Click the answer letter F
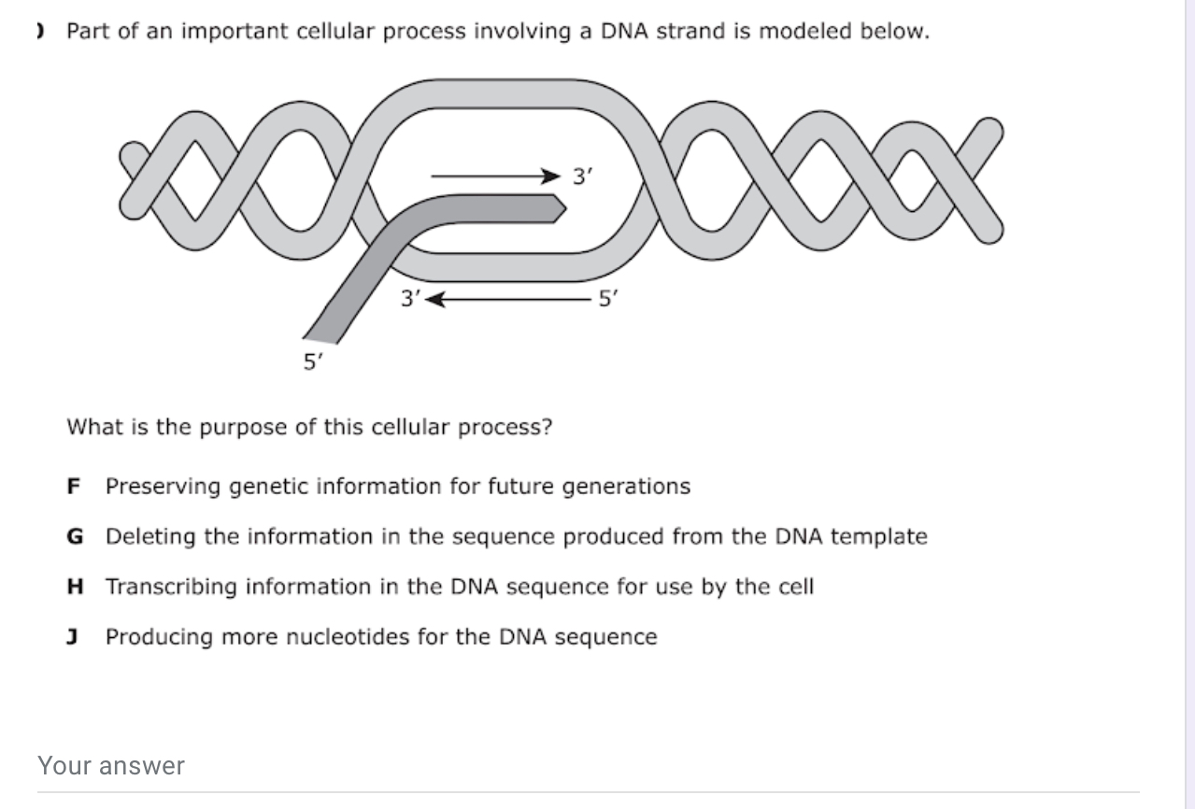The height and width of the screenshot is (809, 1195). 73,487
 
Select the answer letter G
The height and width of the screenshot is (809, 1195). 75,536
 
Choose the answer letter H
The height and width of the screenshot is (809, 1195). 75,587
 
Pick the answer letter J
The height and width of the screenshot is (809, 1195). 72,637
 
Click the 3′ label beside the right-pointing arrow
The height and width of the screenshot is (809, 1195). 582,176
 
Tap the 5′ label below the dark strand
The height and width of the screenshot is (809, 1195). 313,362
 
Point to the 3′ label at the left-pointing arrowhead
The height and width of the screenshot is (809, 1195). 410,299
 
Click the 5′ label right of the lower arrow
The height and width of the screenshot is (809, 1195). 608,299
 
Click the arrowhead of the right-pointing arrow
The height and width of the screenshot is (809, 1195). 551,176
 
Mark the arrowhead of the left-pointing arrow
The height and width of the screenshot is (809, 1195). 434,300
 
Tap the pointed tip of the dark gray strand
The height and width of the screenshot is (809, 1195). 565,208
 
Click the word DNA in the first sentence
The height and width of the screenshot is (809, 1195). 624,31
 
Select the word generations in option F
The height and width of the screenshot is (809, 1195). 626,487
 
